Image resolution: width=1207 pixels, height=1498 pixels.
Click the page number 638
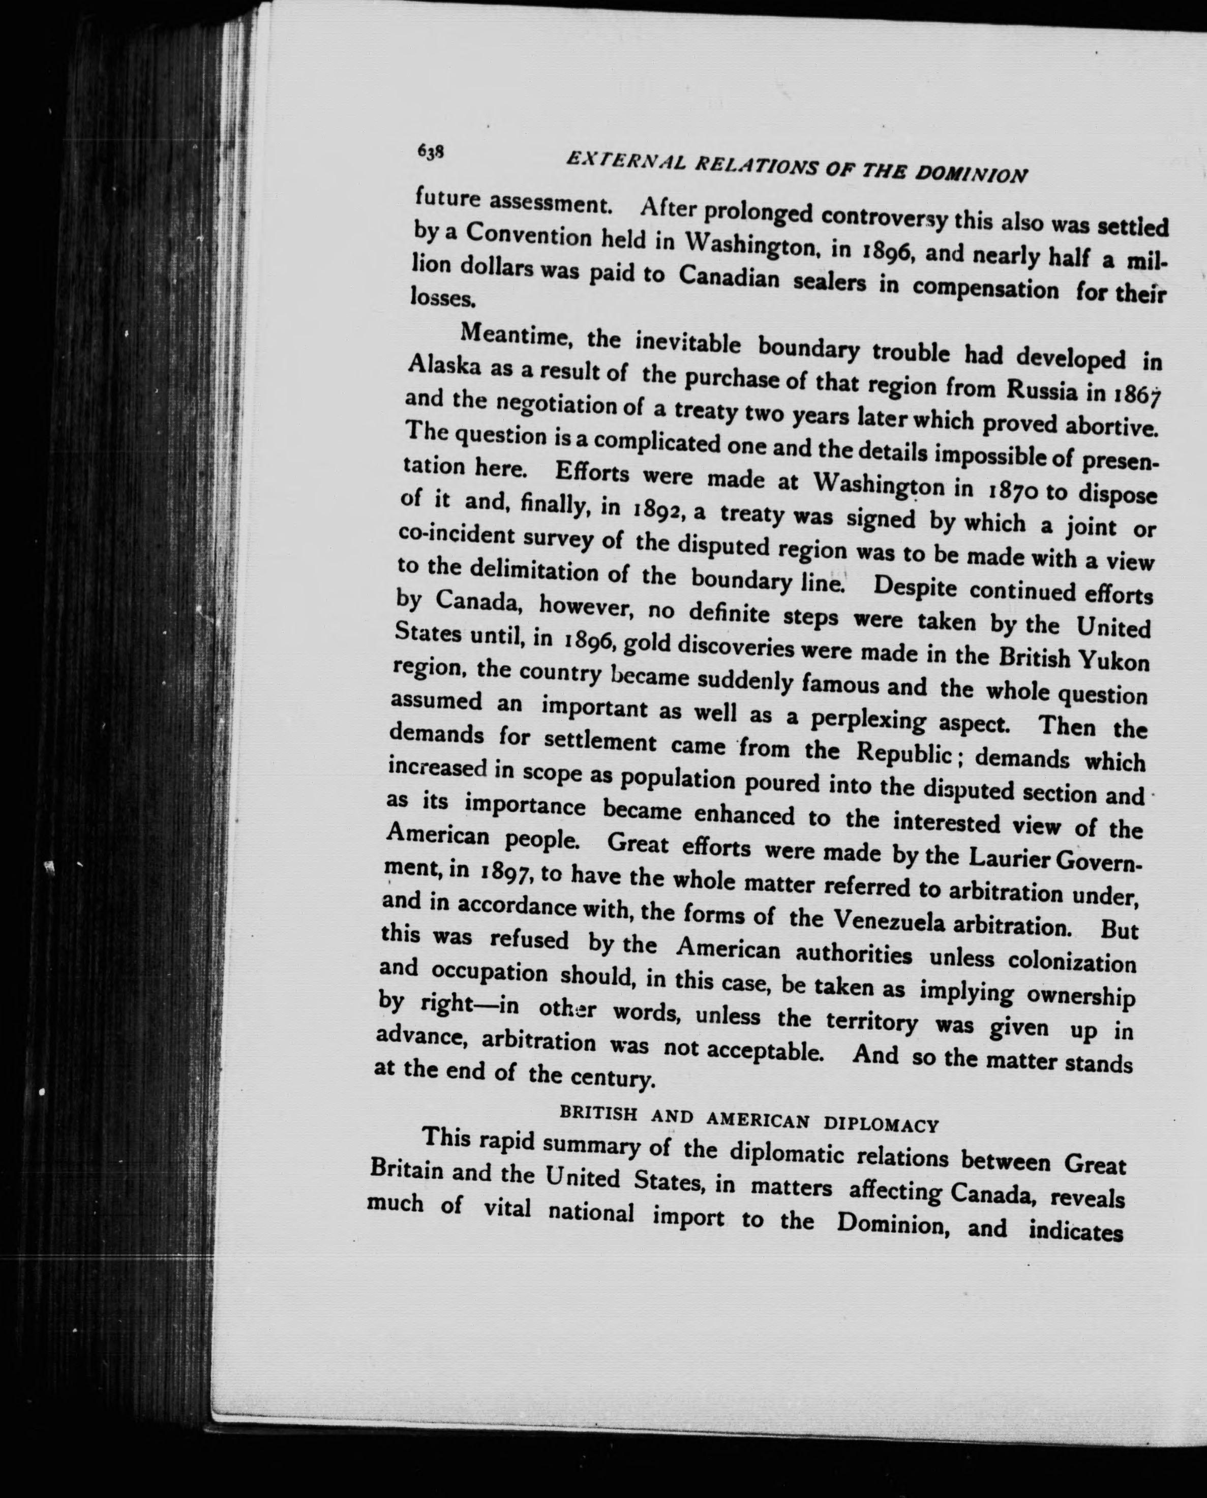(430, 151)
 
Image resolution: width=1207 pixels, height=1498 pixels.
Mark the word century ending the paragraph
(612, 1079)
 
